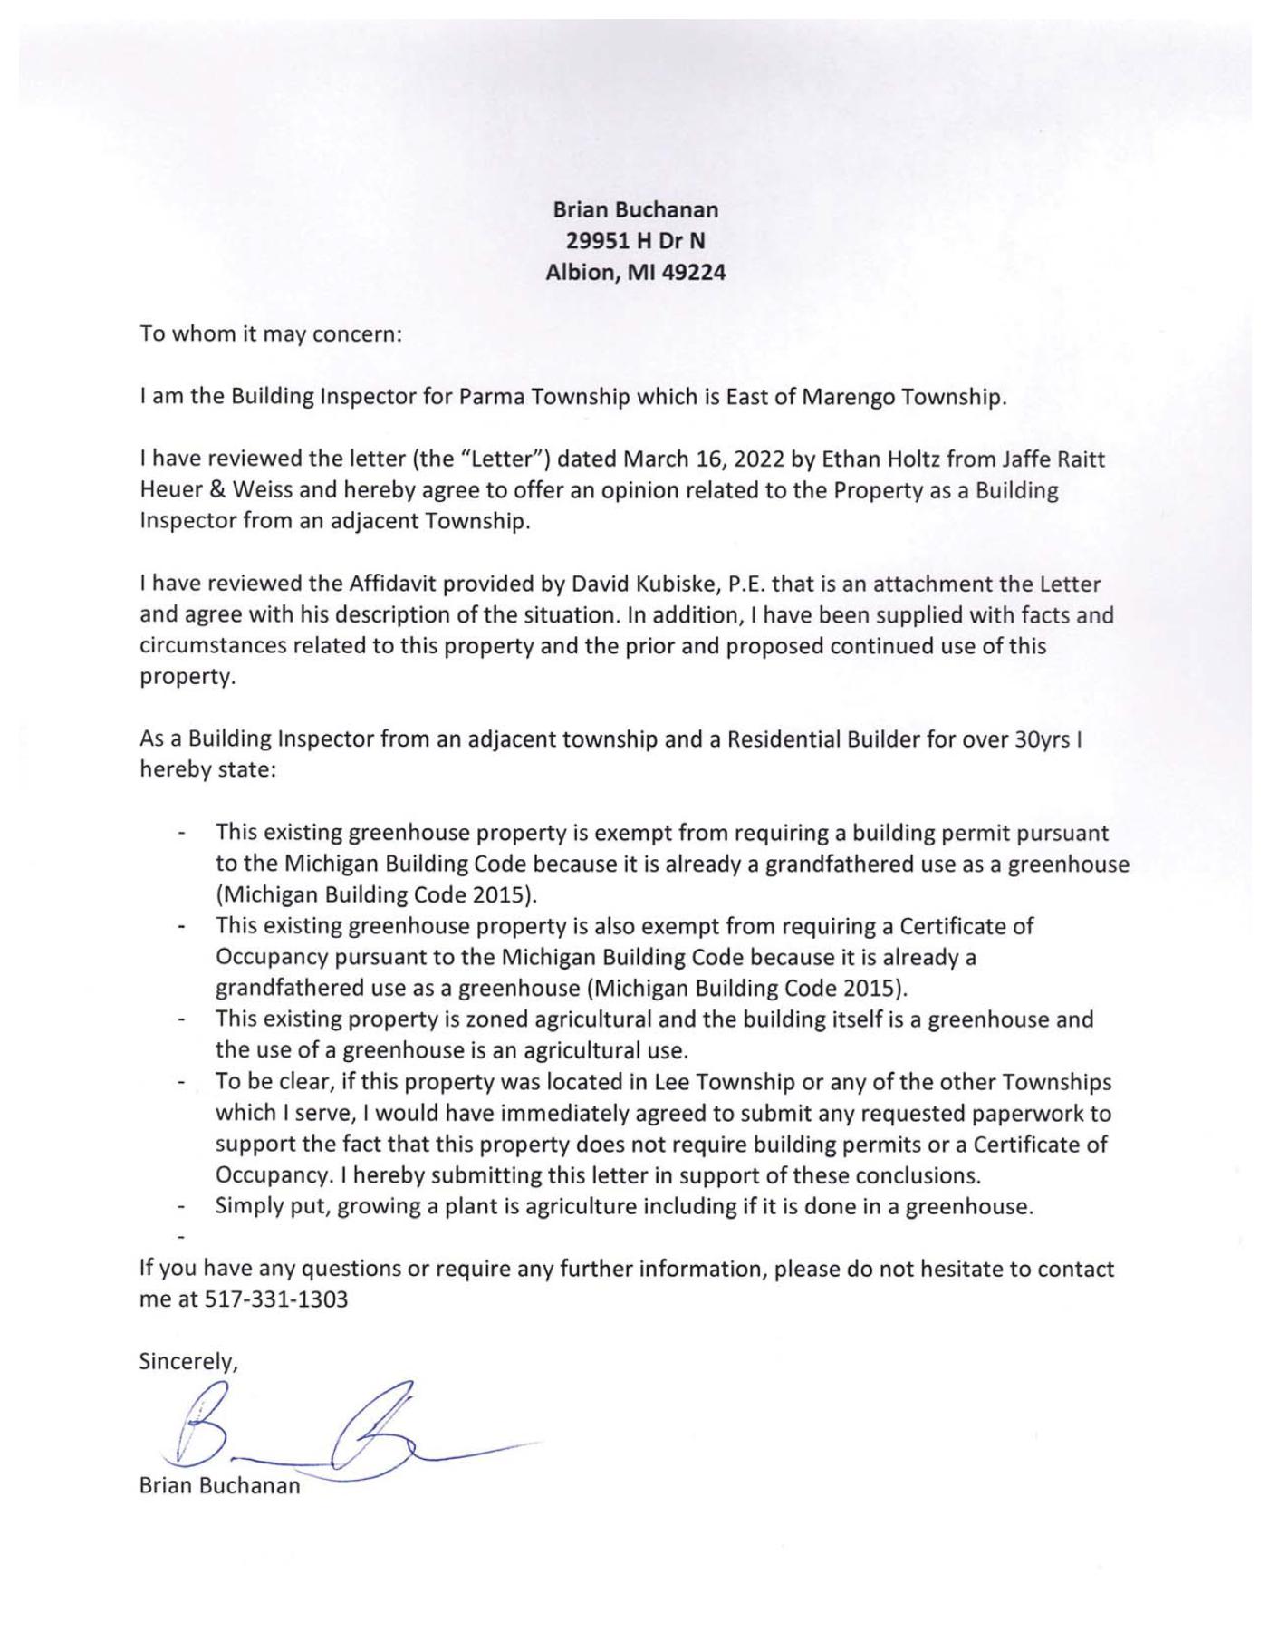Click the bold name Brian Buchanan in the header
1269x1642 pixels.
pos(635,209)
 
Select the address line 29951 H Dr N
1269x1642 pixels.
pos(635,241)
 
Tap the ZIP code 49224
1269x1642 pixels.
pos(694,272)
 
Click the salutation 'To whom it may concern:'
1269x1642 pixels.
pos(270,333)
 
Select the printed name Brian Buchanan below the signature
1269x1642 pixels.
pos(219,1486)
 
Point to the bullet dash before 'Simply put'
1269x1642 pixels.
pos(184,1207)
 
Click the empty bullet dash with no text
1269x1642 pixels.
pos(184,1237)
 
